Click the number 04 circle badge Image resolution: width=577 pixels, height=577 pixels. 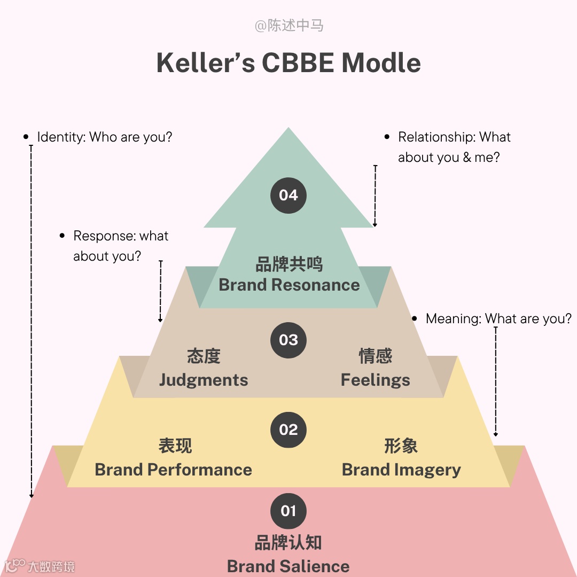click(x=288, y=195)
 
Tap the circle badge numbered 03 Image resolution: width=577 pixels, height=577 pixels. click(x=288, y=340)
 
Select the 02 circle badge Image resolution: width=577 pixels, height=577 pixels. click(x=288, y=430)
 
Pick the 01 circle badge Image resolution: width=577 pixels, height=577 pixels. click(x=288, y=511)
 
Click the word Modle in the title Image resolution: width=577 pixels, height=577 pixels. click(x=381, y=63)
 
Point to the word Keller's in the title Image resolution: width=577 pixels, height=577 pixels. click(x=206, y=63)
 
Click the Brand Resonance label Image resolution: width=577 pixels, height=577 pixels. click(x=289, y=285)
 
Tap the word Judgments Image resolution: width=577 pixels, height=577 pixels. click(x=204, y=380)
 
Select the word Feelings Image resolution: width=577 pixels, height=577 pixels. click(x=376, y=380)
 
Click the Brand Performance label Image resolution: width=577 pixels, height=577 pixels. click(x=173, y=470)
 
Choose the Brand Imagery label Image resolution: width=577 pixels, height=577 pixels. click(x=401, y=470)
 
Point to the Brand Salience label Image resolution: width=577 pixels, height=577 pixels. click(x=288, y=566)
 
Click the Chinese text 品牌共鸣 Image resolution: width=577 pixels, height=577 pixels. click(x=289, y=264)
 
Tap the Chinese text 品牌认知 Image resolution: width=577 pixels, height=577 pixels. click(x=288, y=543)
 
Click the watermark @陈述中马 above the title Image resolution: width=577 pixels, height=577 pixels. click(x=288, y=26)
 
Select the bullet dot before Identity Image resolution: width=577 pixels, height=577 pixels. click(x=26, y=137)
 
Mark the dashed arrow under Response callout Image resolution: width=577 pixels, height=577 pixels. click(x=160, y=291)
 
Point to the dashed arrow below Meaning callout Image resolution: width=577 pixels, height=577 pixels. click(x=496, y=381)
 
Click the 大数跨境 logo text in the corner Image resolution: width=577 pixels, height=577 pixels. click(x=51, y=566)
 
